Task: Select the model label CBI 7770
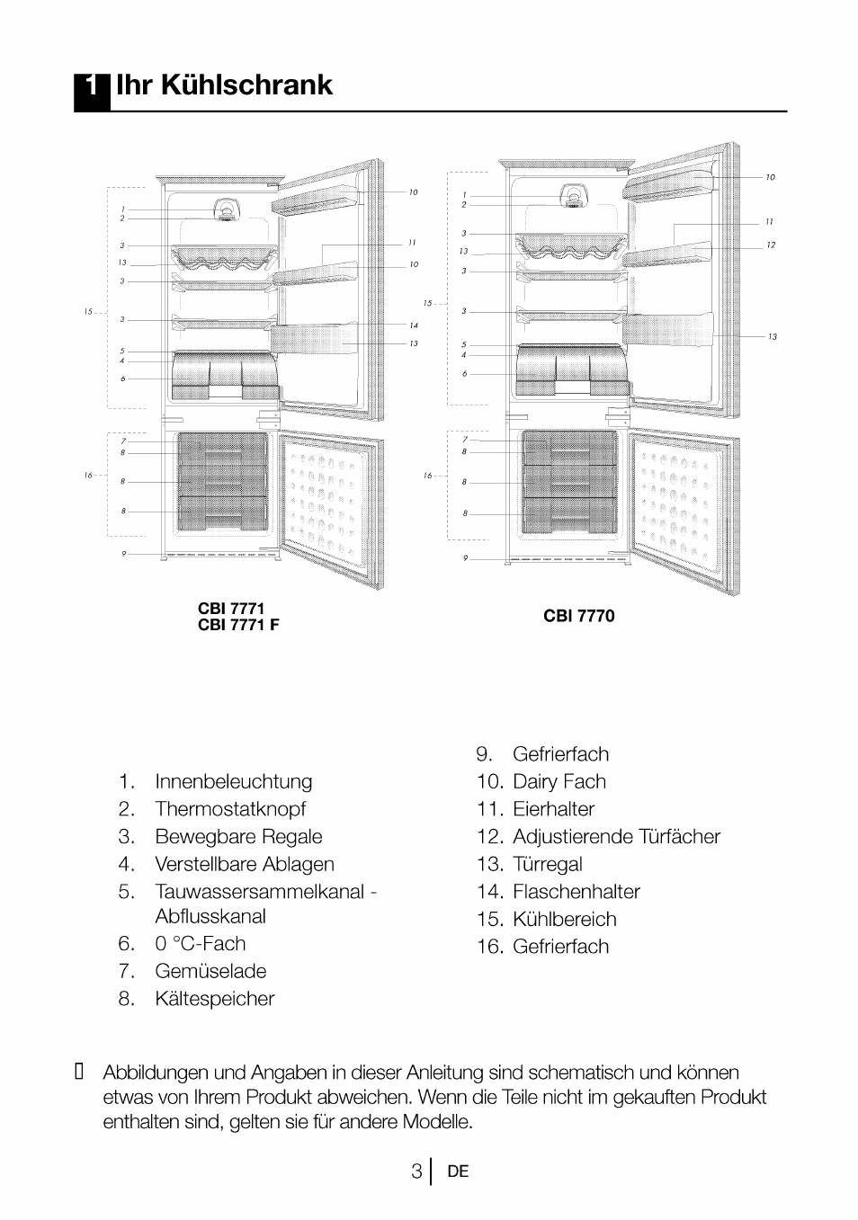tap(578, 616)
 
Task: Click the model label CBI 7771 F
tap(238, 625)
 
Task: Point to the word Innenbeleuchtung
tap(233, 781)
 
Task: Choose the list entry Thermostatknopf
tap(229, 809)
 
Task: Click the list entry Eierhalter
tap(553, 809)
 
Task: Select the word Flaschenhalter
tap(576, 892)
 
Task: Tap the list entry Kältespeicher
tap(214, 999)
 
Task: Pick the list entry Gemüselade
tap(210, 971)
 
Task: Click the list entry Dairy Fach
tap(559, 781)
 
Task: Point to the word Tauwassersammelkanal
tap(259, 892)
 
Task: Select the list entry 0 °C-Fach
tap(200, 943)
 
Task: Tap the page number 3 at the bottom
tap(416, 1171)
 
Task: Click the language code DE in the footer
tap(458, 1171)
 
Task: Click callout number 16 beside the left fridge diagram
tap(88, 475)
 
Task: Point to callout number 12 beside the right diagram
tap(771, 245)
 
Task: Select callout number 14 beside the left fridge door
tap(413, 325)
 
